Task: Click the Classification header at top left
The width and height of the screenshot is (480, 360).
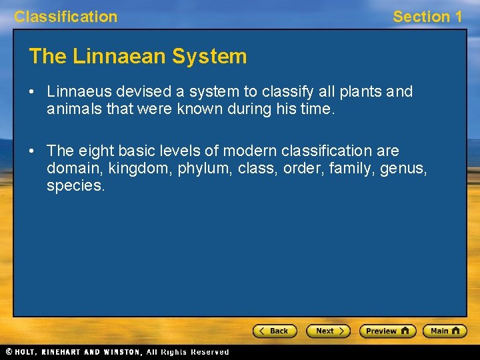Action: coord(65,17)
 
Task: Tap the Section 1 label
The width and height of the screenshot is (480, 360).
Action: coord(427,17)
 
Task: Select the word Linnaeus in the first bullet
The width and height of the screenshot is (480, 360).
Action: coord(77,91)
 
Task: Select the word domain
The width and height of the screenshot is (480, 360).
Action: coord(70,169)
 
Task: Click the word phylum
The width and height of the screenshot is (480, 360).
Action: coord(203,169)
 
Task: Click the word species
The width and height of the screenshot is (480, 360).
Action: coord(75,186)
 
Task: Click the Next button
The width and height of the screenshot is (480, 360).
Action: coord(328,331)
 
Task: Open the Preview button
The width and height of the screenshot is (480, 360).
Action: coord(387,331)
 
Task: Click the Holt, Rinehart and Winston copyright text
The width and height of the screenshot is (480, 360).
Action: coord(117,352)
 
